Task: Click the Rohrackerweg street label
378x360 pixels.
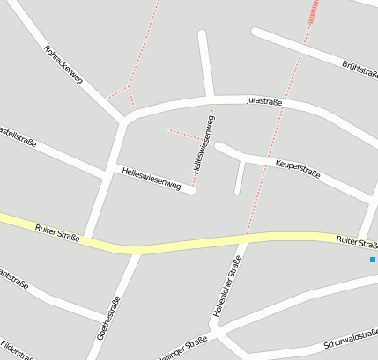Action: point(63,64)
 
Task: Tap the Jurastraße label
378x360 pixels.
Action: point(264,102)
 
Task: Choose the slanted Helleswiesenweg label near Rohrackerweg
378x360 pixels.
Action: point(152,179)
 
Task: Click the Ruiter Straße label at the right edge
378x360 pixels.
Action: point(357,240)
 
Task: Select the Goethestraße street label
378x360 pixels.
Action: point(110,319)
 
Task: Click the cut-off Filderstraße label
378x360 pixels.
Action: point(18,350)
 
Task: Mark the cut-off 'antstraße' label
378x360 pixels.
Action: point(13,281)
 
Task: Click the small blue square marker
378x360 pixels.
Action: point(373,260)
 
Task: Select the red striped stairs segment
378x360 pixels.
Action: point(313,11)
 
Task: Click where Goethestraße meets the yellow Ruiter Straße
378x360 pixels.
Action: point(137,252)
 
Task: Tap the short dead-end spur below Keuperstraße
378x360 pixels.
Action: point(238,179)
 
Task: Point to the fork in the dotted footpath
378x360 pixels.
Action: point(129,88)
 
